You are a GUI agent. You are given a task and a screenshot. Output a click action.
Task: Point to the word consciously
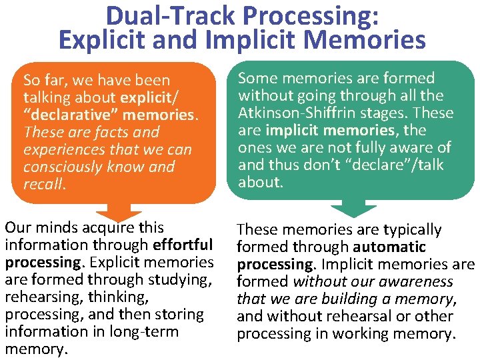[x=65, y=166]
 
